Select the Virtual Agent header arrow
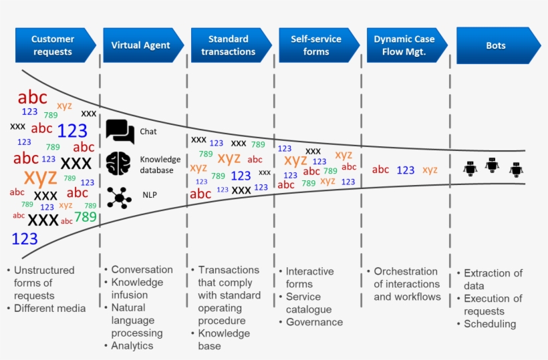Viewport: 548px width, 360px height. [x=141, y=45]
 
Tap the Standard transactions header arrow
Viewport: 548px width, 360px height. [x=229, y=45]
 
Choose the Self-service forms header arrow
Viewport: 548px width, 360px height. [x=316, y=45]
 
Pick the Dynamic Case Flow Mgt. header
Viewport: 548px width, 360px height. [x=404, y=45]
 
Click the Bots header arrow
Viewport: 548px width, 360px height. [x=497, y=45]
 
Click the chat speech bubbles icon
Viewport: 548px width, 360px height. [x=120, y=131]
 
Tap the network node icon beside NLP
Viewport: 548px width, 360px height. [x=120, y=197]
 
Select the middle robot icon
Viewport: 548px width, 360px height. [x=493, y=164]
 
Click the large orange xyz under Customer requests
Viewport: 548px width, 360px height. [x=40, y=177]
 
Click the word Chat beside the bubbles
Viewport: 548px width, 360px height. [x=148, y=132]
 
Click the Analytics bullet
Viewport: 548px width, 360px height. [x=132, y=345]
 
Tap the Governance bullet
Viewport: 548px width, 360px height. [x=314, y=322]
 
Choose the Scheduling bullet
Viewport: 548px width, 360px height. [x=490, y=324]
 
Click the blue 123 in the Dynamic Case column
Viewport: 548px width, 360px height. [x=406, y=170]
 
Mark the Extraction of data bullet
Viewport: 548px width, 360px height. [x=493, y=279]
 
